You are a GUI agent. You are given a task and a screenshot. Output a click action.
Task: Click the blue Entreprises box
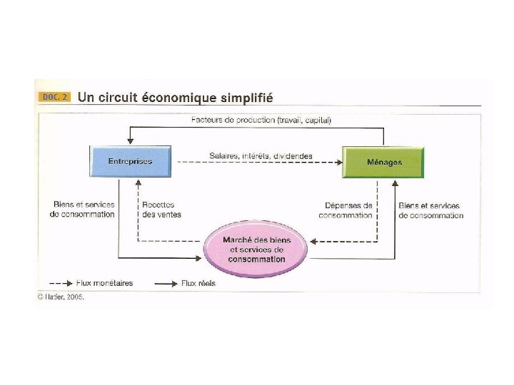[x=130, y=162]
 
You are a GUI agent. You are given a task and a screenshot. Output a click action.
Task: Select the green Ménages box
[x=383, y=162]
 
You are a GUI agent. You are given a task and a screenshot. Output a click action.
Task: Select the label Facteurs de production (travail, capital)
[x=261, y=120]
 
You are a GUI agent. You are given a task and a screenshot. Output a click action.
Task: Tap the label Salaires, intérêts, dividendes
[x=261, y=155]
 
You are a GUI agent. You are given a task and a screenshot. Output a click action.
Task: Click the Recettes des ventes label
[x=161, y=209]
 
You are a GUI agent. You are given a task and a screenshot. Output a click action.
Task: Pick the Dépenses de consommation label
[x=346, y=210]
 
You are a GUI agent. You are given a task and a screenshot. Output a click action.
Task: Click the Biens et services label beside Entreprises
[x=82, y=209]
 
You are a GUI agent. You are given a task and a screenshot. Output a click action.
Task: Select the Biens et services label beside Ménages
[x=430, y=210]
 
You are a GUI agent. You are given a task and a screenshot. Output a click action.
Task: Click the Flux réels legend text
[x=198, y=283]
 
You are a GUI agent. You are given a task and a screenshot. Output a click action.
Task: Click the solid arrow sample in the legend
[x=166, y=283]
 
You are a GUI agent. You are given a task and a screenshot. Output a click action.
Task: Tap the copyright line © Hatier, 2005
[x=61, y=297]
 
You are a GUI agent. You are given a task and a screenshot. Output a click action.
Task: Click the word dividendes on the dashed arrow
[x=292, y=155]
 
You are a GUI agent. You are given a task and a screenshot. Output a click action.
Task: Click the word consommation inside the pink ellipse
[x=256, y=260]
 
